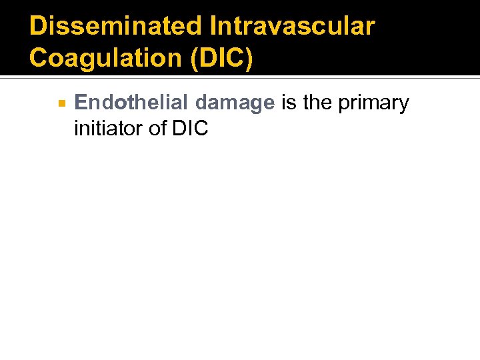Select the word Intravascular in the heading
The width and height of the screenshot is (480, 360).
(x=292, y=27)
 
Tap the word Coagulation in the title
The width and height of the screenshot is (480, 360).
(x=106, y=58)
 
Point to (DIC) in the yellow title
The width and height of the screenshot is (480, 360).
(x=221, y=58)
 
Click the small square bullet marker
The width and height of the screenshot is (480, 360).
(x=61, y=104)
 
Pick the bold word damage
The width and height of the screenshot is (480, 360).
(x=235, y=104)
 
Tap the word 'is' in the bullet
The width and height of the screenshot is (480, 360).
(x=289, y=103)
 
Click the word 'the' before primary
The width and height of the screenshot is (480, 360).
(x=317, y=103)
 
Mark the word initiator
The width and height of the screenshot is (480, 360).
(x=109, y=128)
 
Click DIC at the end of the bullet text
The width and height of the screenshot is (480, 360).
(x=191, y=128)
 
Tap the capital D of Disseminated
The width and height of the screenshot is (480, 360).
(x=39, y=27)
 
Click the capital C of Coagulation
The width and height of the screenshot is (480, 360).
(x=39, y=58)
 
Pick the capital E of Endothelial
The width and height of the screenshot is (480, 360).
(x=81, y=103)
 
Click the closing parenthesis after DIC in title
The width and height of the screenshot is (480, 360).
(x=249, y=59)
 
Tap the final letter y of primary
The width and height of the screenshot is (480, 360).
(x=403, y=105)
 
